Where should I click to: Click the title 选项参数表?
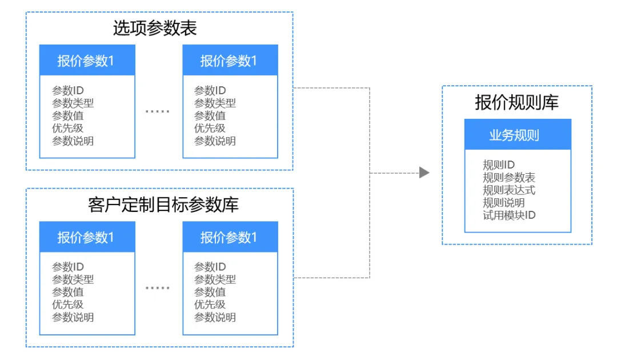point(155,29)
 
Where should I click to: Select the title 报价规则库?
point(516,102)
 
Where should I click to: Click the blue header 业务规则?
point(518,134)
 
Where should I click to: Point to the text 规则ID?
point(499,165)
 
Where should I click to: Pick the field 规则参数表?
point(509,177)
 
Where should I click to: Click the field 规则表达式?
point(509,190)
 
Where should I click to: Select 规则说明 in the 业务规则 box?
point(504,203)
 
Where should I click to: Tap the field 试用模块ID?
point(509,215)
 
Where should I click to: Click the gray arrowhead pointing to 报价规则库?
point(424,173)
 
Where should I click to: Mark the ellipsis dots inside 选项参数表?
point(158,111)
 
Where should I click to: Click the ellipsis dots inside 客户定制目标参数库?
point(158,288)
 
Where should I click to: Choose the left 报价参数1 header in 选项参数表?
point(87,60)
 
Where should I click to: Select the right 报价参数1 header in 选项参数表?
point(230,60)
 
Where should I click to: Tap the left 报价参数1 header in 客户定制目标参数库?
point(87,237)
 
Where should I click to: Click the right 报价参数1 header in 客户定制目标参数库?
point(230,237)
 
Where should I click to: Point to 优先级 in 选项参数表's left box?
point(67,128)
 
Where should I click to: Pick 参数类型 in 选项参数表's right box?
point(215,103)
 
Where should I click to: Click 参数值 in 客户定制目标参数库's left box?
point(67,292)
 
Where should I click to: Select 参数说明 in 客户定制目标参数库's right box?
point(215,317)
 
